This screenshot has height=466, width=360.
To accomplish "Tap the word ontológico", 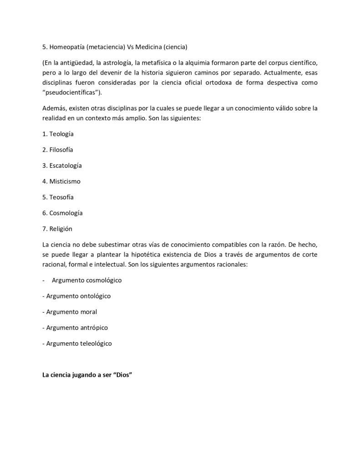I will pyautogui.click(x=92, y=296).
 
